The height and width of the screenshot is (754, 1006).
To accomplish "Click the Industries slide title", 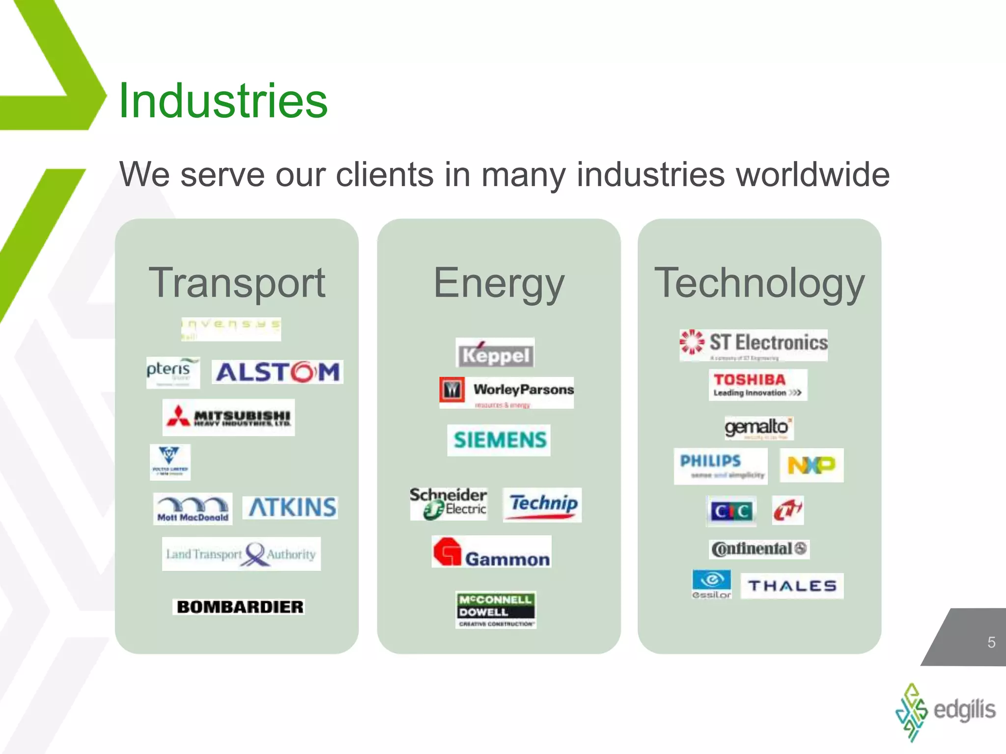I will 223,101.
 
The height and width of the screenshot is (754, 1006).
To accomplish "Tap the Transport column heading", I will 237,283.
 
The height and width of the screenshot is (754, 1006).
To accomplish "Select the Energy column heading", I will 499,283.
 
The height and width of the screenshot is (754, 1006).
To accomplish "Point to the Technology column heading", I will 759,283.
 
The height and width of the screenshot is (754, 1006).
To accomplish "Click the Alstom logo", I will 278,372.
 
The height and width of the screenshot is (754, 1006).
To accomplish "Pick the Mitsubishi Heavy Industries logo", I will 229,417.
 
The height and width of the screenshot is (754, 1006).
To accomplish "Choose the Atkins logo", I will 292,508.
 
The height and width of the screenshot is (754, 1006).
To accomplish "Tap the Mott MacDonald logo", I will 193,509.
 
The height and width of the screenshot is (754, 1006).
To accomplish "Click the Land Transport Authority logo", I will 241,554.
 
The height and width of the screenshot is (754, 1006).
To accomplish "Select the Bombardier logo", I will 239,607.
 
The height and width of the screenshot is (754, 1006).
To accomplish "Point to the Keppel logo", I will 495,353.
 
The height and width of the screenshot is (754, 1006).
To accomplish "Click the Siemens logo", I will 499,440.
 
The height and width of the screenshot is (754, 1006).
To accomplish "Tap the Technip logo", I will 543,505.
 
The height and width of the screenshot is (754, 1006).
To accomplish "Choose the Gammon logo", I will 492,552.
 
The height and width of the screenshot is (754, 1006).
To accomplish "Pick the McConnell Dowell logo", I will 496,610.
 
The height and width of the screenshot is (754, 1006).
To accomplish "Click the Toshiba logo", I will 757,385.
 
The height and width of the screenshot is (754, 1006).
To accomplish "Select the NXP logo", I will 811,465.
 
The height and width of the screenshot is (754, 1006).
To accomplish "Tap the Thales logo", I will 792,586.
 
